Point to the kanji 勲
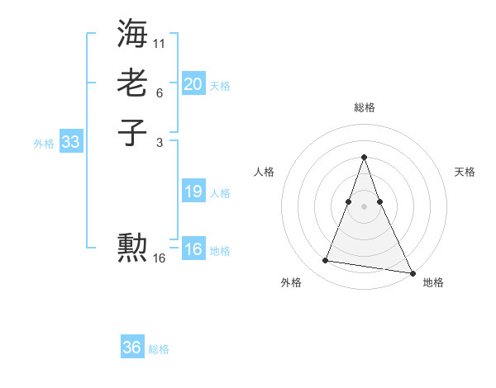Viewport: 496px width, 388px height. [133, 247]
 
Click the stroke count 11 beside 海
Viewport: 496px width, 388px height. [160, 42]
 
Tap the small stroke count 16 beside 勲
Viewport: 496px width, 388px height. [160, 258]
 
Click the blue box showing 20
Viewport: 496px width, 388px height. [193, 84]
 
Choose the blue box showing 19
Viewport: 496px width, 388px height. [193, 192]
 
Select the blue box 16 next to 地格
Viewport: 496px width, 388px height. [193, 249]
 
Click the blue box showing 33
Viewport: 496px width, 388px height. [70, 142]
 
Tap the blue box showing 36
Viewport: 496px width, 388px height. [132, 348]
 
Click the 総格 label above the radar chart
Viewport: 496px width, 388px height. [364, 107]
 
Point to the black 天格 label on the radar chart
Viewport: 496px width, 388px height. [465, 172]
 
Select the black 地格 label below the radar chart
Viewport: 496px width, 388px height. [433, 282]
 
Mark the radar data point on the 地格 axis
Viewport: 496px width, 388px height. [413, 272]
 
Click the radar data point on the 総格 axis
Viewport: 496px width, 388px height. [364, 157]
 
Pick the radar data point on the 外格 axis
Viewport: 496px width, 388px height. [326, 261]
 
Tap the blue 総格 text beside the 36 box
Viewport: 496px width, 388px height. [159, 349]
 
